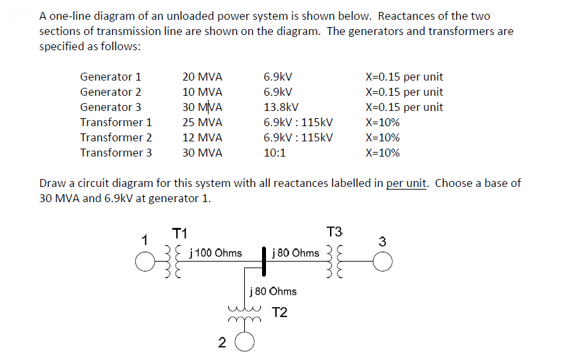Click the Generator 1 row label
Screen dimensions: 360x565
(110, 77)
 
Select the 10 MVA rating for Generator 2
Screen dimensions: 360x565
(202, 92)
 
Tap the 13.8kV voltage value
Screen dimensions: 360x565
(281, 107)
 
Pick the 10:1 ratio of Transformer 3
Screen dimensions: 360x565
(275, 153)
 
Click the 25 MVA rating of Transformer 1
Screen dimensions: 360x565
(202, 122)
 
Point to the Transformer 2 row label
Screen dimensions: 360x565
(116, 137)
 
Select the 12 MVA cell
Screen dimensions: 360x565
(202, 137)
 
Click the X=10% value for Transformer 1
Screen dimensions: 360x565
(382, 122)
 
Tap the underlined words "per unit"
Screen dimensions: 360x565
(407, 183)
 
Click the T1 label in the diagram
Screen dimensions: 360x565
(180, 233)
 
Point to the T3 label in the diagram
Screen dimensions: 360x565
(335, 232)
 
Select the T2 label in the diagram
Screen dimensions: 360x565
(280, 312)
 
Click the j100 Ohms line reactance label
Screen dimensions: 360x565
(215, 253)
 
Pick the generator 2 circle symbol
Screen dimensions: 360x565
(244, 342)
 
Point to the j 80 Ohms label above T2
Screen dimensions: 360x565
(273, 291)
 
